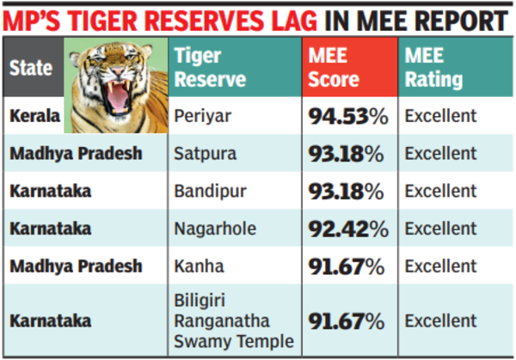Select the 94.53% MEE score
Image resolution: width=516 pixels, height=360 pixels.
(346, 116)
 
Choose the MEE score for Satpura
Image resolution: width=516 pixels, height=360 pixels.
(346, 154)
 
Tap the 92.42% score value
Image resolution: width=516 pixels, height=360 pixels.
(346, 229)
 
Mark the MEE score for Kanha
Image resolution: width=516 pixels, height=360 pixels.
(346, 266)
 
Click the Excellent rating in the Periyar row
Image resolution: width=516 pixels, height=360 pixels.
(440, 116)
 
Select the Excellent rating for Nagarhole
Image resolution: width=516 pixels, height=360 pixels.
(440, 229)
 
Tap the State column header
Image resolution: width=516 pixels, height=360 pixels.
(32, 69)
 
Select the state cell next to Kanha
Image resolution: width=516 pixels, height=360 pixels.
(76, 266)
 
